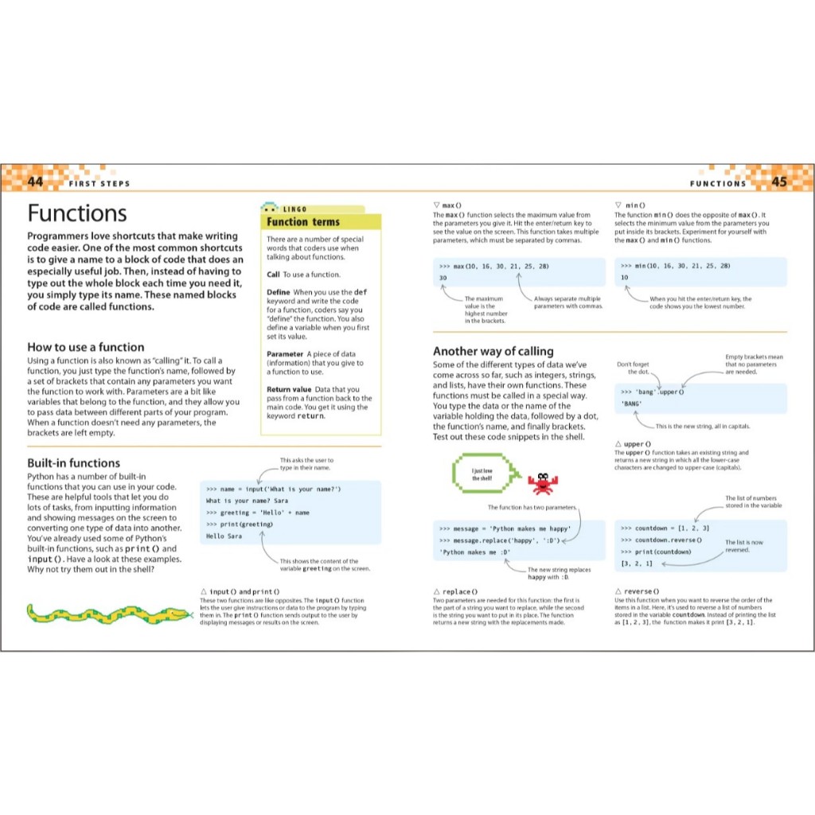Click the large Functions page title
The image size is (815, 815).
pyautogui.click(x=77, y=213)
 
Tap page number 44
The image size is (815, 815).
pyautogui.click(x=35, y=181)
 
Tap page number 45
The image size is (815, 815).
pyautogui.click(x=779, y=181)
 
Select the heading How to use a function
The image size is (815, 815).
pyautogui.click(x=86, y=347)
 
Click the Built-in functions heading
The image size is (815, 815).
pyautogui.click(x=74, y=462)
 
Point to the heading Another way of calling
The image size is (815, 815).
pyautogui.click(x=493, y=351)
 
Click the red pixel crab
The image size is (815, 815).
pyautogui.click(x=544, y=481)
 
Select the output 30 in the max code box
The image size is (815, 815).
pyautogui.click(x=443, y=278)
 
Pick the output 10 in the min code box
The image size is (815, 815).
pyautogui.click(x=625, y=278)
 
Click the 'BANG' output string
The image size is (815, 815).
pyautogui.click(x=632, y=404)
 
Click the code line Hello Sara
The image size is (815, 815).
pyautogui.click(x=224, y=536)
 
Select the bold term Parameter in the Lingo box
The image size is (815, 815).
pyautogui.click(x=285, y=354)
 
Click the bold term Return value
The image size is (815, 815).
pyautogui.click(x=290, y=390)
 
